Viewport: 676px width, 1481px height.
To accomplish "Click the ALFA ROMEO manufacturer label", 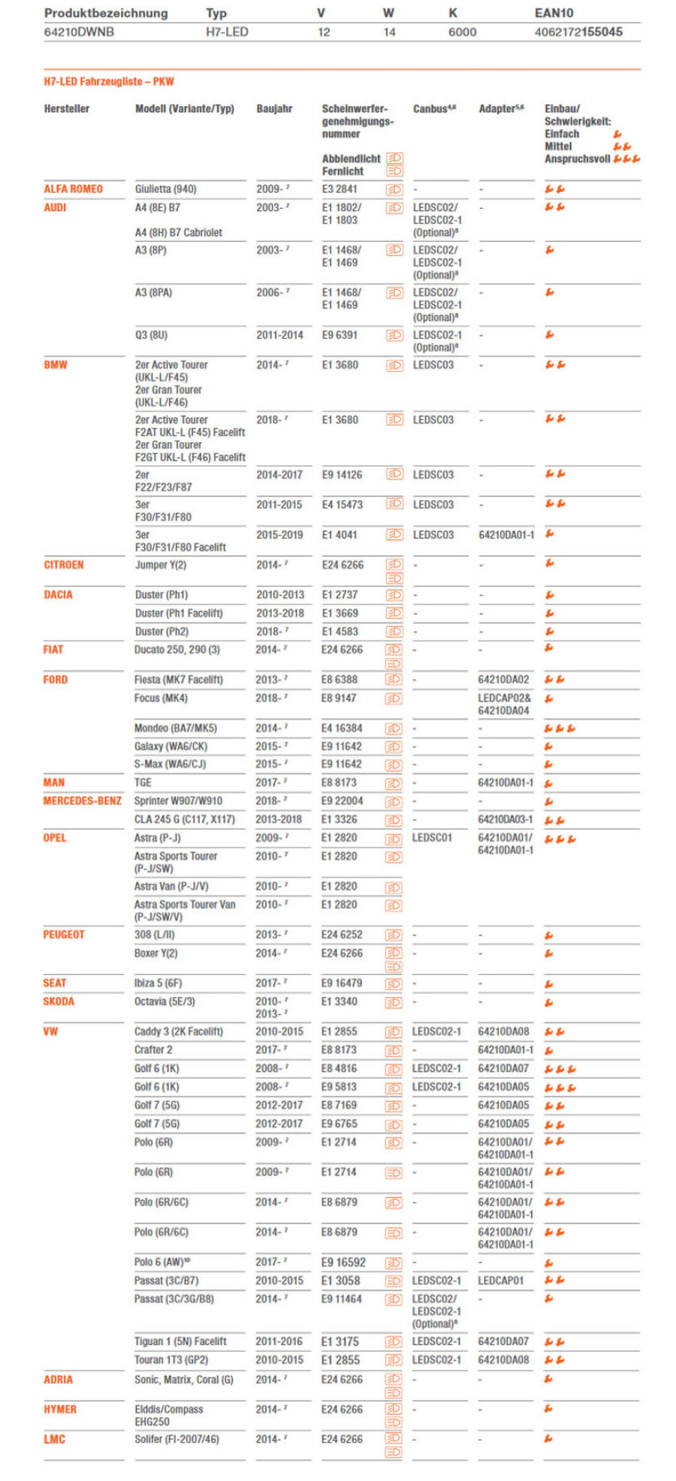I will click(x=73, y=189).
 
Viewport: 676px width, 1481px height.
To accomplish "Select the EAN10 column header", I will click(x=554, y=13).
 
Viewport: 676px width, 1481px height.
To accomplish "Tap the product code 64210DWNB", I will click(x=79, y=32).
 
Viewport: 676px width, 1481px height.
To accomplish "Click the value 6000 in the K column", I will click(x=462, y=32).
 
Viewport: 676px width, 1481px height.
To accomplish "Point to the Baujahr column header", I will click(x=274, y=109).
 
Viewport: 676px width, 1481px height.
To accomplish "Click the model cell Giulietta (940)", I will click(x=165, y=189).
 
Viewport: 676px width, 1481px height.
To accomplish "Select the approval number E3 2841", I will click(x=340, y=189).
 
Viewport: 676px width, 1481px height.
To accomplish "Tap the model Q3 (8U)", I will click(x=151, y=335).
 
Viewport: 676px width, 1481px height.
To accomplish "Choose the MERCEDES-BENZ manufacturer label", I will click(x=82, y=801).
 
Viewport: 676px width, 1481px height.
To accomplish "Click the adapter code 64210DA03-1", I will click(x=505, y=819).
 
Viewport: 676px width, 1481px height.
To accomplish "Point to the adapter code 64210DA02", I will click(x=503, y=680).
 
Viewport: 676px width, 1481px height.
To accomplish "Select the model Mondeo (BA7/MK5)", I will click(x=175, y=728).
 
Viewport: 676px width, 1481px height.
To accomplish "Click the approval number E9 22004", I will click(x=342, y=801).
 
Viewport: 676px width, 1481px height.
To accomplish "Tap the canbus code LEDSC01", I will click(x=432, y=838).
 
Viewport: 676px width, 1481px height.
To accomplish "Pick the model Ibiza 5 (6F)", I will click(x=158, y=983).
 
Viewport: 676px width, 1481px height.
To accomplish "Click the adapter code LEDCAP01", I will click(x=500, y=1280).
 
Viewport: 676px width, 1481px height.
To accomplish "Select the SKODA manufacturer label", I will click(x=59, y=1002).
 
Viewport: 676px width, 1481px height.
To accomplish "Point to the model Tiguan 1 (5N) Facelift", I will click(x=180, y=1341).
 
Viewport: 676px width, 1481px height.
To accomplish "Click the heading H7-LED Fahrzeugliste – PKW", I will click(x=109, y=82).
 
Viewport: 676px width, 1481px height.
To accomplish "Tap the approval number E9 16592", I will click(x=343, y=1262).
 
